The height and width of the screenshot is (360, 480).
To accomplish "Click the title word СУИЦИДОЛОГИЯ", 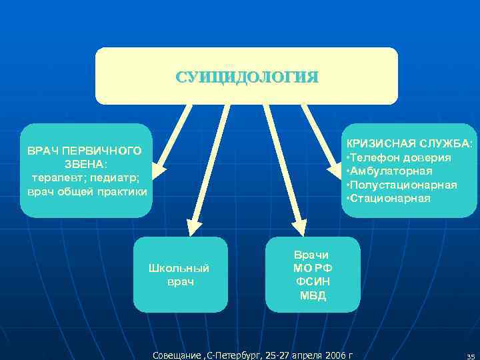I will pos(247,77).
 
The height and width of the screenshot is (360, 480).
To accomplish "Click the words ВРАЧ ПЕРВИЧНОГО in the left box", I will pos(85,151).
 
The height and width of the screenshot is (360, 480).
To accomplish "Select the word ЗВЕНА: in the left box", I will pos(85,165).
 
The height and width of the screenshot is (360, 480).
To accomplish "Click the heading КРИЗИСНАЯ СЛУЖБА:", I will pos(409,144).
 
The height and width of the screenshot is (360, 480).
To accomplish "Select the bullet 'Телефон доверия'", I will pos(400,157).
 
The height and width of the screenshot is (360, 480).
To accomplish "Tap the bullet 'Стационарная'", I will pos(390,199).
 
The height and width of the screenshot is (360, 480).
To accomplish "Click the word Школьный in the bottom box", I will pos(180,268).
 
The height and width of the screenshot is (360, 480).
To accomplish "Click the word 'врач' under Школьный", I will pos(180,282).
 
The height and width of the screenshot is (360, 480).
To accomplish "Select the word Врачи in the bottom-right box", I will pos(312,255).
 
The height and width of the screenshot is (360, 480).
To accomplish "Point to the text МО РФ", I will pos(312,268).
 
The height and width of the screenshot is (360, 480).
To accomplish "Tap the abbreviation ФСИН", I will pos(312,282).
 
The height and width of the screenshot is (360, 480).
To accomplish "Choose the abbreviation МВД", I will pos(312,296).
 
